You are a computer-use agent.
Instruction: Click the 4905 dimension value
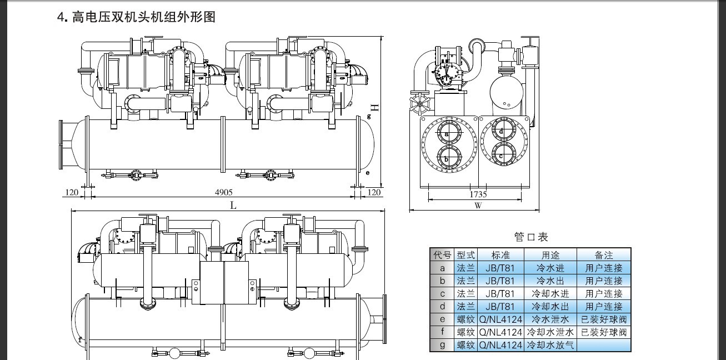224,192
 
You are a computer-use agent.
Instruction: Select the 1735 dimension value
478,194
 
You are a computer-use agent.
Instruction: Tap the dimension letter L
233,206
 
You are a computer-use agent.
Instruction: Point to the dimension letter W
478,206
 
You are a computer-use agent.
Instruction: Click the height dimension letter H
375,108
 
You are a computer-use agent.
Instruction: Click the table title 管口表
531,237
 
